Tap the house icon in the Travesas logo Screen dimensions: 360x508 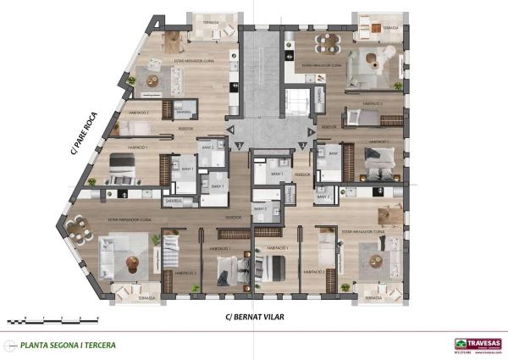click(x=460, y=342)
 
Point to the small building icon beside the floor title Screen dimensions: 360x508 click(x=9, y=345)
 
